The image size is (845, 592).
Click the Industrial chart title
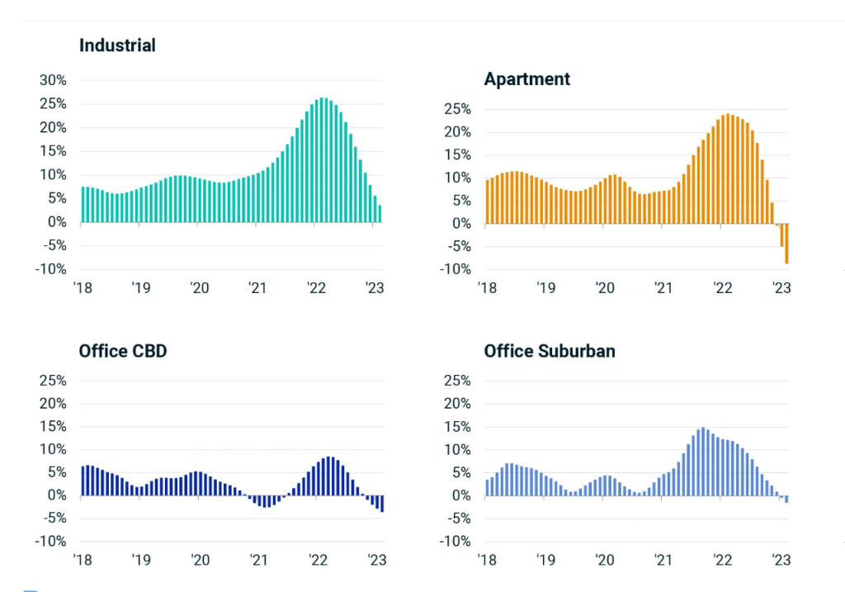[117, 45]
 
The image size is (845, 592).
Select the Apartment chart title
[526, 79]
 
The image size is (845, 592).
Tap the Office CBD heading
[123, 351]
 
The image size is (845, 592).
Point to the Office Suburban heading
[550, 351]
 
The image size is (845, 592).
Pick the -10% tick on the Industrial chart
[50, 269]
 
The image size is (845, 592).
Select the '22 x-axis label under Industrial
[316, 288]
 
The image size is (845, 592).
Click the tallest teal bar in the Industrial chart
[323, 161]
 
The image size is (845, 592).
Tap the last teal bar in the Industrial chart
[380, 214]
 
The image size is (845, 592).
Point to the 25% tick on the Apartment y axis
[456, 110]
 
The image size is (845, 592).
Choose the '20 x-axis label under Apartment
[605, 288]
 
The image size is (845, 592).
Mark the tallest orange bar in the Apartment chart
[728, 169]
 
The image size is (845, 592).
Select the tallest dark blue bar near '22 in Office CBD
[329, 476]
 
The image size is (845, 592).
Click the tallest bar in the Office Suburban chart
[702, 462]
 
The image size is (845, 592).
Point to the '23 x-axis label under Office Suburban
[780, 560]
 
